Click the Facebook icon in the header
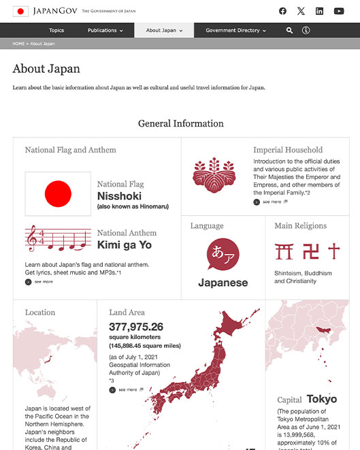[x=282, y=11]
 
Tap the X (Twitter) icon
[x=301, y=11]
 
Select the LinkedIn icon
[x=320, y=11]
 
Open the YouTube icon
[x=339, y=11]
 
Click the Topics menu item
[x=56, y=31]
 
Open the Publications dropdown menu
[x=105, y=31]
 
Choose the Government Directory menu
[x=235, y=31]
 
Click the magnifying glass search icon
[x=290, y=31]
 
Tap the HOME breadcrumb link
[x=18, y=44]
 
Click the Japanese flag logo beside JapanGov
[x=20, y=11]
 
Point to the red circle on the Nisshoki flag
[x=58, y=193]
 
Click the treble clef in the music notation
[x=31, y=239]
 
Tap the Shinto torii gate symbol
[x=283, y=251]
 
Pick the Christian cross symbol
[x=333, y=251]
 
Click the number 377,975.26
[x=136, y=327]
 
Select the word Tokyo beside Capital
[x=321, y=399]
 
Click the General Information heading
[x=180, y=123]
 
